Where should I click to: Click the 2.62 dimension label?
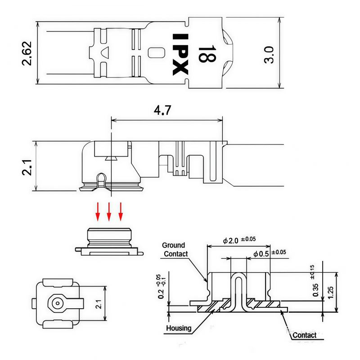[27, 53]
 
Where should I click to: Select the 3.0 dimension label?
[269, 54]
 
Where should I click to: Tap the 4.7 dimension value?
[162, 111]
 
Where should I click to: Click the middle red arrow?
[109, 211]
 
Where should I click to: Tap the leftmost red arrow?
[97, 211]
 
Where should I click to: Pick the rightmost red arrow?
[121, 211]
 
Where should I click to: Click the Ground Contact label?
[175, 249]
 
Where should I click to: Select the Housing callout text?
[179, 328]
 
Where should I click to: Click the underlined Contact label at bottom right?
[305, 335]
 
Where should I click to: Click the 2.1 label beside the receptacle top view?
[99, 305]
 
